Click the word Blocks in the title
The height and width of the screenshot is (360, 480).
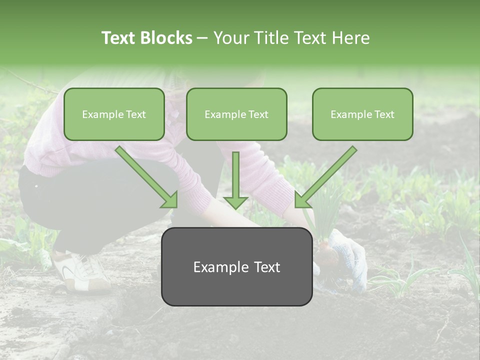[166, 38]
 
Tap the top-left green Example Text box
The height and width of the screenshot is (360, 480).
[114, 114]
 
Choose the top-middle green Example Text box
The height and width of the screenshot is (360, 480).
[236, 114]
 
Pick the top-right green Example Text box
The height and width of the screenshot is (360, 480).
[362, 114]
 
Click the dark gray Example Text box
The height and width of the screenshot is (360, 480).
[236, 267]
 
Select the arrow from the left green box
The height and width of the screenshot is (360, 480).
[146, 177]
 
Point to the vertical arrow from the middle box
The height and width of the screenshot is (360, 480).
[235, 180]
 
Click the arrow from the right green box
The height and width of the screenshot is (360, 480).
[325, 177]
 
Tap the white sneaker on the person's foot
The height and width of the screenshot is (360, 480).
[80, 272]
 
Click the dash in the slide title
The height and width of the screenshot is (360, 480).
[202, 38]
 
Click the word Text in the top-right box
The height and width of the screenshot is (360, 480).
[384, 114]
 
